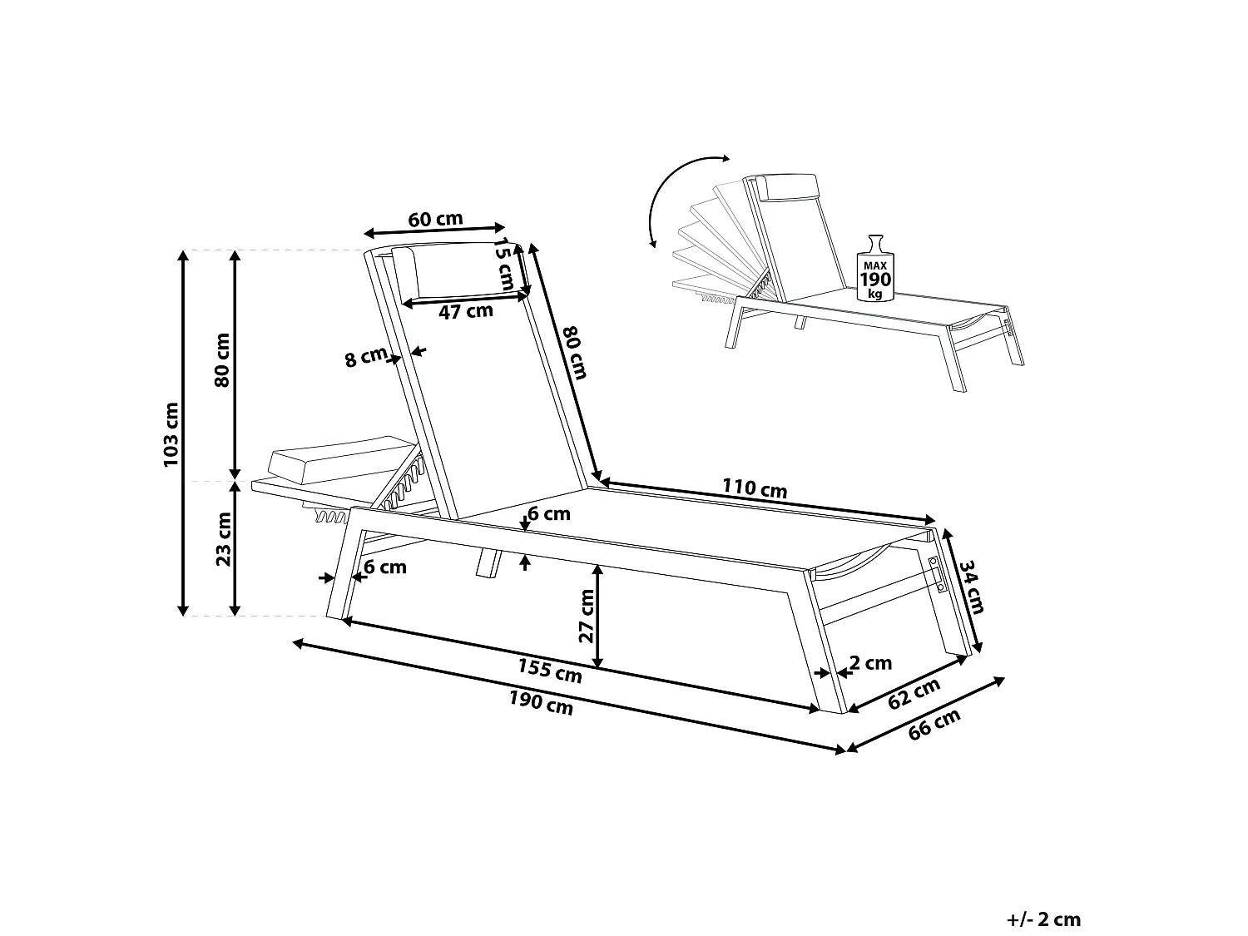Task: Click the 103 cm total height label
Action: tap(171, 433)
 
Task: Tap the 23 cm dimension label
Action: tap(223, 538)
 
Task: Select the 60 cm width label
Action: tap(435, 219)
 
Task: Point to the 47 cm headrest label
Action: tap(466, 312)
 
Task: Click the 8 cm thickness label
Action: tap(365, 359)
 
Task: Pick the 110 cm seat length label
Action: tap(755, 488)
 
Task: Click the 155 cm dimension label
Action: tap(549, 670)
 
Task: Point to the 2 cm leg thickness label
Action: tap(870, 663)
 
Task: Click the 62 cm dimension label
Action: tap(914, 693)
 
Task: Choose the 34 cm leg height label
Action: tap(971, 587)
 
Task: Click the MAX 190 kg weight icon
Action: tap(874, 269)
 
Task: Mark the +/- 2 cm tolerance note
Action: tap(1042, 919)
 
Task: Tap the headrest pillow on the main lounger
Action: tap(456, 270)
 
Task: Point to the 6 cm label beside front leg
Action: tap(384, 567)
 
